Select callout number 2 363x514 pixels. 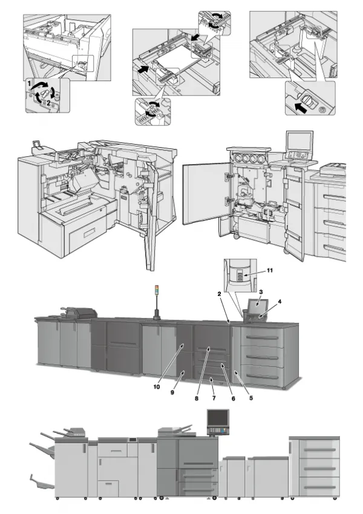click(x=219, y=294)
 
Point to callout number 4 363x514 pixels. click(x=280, y=301)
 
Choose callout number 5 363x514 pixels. click(x=250, y=399)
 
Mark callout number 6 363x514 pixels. click(x=232, y=398)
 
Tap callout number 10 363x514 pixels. click(x=155, y=386)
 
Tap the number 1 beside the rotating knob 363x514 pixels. click(x=28, y=81)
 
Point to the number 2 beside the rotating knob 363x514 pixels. click(x=48, y=102)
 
